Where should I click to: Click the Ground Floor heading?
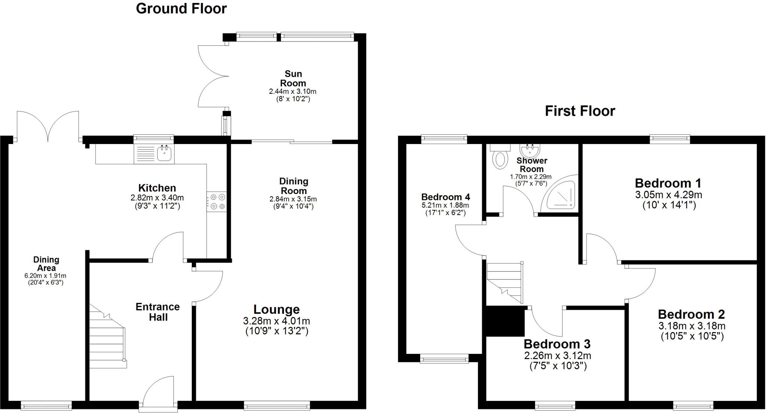(x=181, y=9)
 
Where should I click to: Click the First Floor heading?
(x=580, y=111)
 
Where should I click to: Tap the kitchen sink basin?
(x=164, y=153)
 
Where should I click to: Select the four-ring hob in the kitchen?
(x=216, y=202)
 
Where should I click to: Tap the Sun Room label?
(x=293, y=79)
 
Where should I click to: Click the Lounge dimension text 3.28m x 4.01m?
(x=276, y=321)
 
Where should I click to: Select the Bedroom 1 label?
(x=668, y=183)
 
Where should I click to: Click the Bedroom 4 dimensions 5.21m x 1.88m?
(x=445, y=205)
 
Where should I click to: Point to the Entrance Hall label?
(x=158, y=312)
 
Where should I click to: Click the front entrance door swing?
(x=158, y=391)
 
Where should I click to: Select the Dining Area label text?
(x=46, y=264)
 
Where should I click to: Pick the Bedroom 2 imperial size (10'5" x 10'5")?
(x=692, y=336)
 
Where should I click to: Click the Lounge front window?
(x=277, y=405)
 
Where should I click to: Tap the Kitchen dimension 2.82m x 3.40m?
(x=157, y=198)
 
